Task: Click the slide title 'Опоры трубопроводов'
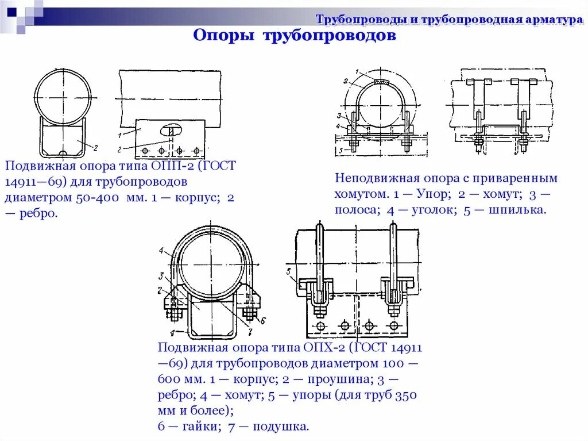294,36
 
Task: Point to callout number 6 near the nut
262,320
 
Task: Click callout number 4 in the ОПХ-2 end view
162,250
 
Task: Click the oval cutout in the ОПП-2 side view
171,129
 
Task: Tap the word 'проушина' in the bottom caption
334,380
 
